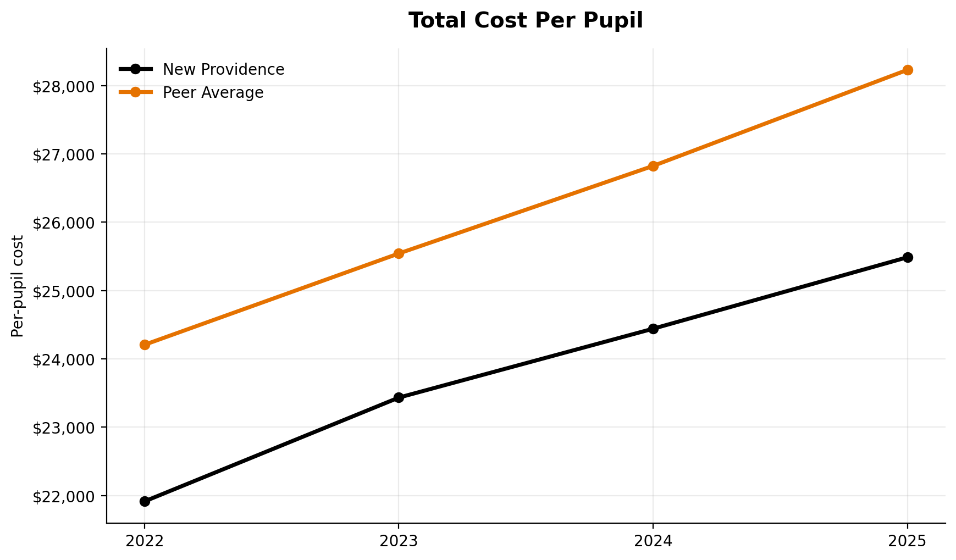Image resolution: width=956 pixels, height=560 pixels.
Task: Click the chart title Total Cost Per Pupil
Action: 526,21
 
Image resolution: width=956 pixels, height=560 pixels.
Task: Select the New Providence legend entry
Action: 223,70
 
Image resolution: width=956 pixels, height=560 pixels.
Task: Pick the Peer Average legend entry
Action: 213,93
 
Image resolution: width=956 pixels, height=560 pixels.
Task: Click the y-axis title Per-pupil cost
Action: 18,286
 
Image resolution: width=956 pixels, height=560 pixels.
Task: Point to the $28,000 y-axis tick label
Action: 64,87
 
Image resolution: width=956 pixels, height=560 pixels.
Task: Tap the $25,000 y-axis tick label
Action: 64,291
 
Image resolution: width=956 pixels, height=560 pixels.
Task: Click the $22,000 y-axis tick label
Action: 64,497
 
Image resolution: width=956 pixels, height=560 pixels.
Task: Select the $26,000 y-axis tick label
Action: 64,223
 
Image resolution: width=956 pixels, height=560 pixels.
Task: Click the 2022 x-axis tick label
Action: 145,542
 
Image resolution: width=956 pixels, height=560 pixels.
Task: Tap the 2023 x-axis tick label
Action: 399,542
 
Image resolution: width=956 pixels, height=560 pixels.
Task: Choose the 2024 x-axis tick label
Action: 653,542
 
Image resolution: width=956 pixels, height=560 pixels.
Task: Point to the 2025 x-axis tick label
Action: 908,542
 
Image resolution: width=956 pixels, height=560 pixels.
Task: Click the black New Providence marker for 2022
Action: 145,501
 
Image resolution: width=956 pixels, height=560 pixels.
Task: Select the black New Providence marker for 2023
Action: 399,397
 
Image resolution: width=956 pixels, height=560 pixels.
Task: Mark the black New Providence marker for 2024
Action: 653,329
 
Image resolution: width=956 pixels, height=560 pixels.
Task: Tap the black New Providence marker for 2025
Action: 908,257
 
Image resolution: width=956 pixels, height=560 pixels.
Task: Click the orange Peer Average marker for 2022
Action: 145,345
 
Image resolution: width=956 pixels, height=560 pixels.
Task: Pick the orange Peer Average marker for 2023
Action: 399,253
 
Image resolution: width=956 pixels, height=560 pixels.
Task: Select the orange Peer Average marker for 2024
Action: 653,166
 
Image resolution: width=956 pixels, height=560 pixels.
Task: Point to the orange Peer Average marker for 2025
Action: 908,70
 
